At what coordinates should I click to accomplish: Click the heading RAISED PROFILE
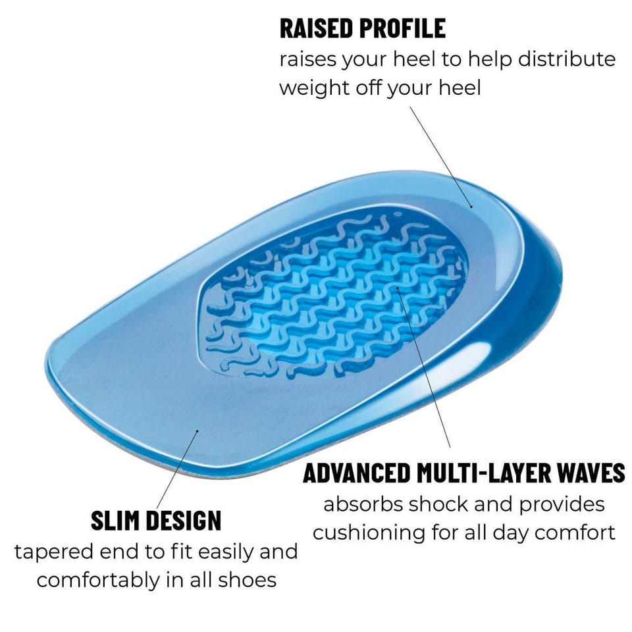point(363,28)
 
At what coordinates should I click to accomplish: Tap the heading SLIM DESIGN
point(156,520)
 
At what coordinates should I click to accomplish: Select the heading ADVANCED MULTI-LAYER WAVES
point(464,473)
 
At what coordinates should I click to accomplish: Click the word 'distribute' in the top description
point(566,59)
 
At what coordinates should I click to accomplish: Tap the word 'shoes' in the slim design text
point(247,580)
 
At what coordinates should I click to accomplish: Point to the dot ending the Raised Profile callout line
point(471,207)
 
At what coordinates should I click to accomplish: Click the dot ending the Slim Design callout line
point(197,431)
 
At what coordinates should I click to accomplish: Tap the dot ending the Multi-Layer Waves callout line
point(398,288)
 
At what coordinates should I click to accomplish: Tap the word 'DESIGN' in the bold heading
point(184,520)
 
